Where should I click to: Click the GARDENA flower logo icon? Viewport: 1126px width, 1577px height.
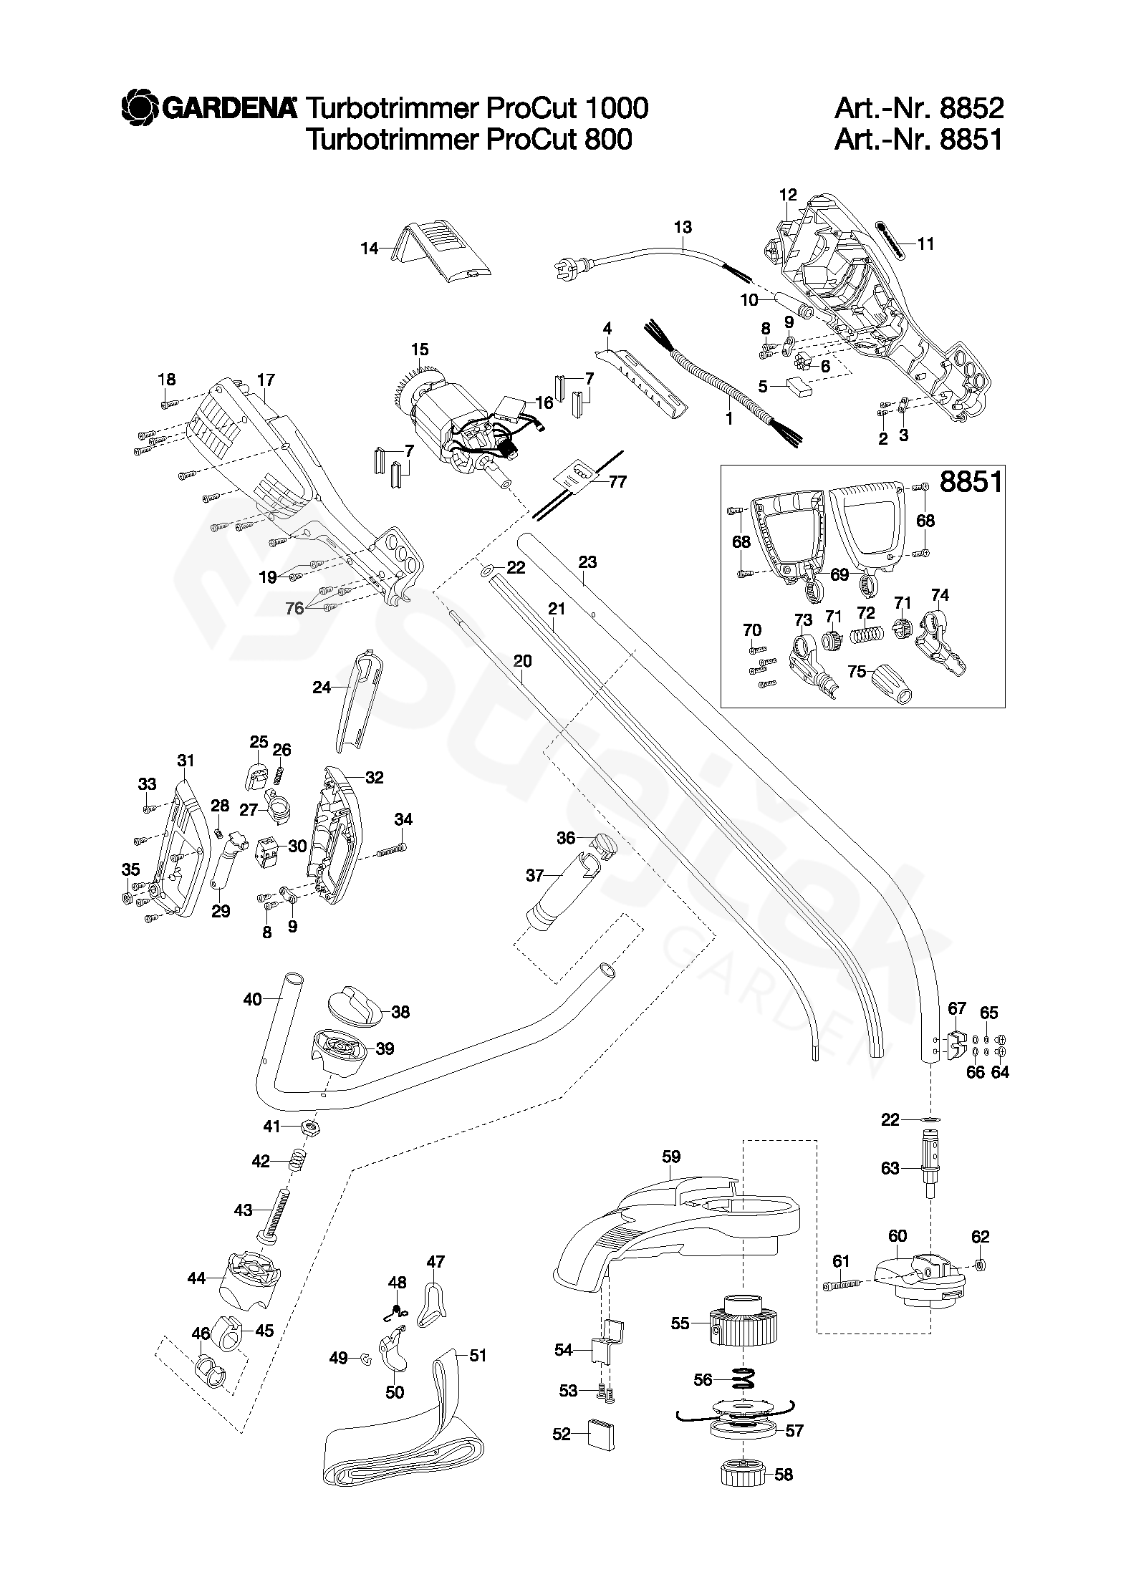pos(140,108)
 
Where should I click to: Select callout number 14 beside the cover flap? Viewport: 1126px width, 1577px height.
pos(370,249)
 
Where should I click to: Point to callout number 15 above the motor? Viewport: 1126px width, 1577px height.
pos(420,349)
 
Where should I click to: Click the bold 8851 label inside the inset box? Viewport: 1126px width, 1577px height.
pos(971,481)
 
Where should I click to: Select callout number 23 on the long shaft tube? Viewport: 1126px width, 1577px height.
pos(587,562)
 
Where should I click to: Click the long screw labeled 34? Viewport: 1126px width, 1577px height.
pos(391,850)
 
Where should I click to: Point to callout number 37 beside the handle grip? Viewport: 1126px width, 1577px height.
pos(535,874)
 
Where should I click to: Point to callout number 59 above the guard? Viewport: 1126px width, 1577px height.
pos(671,1157)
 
